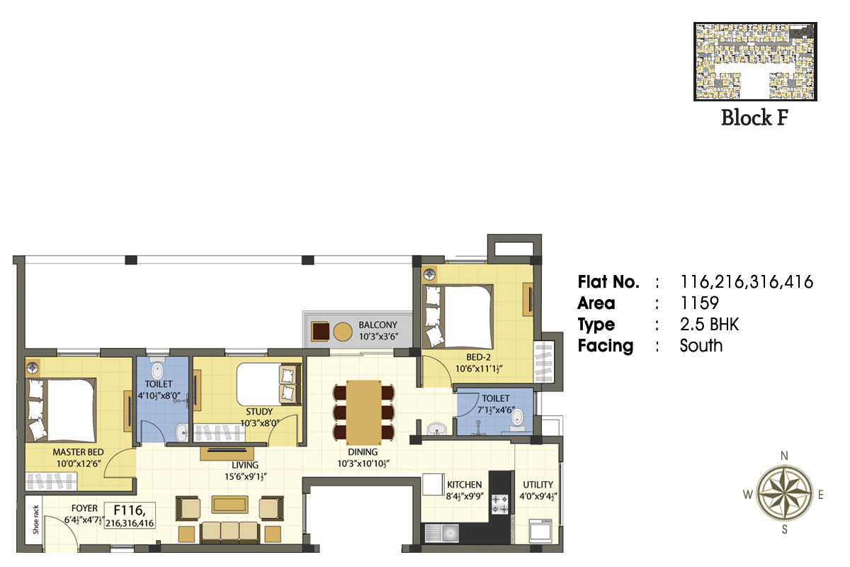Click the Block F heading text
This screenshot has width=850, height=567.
pos(755,118)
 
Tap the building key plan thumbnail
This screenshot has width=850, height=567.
pos(755,62)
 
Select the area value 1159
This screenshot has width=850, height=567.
pos(699,303)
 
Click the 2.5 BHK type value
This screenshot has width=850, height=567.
pos(709,325)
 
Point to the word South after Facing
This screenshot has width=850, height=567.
pos(701,346)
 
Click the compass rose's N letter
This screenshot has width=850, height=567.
pos(784,456)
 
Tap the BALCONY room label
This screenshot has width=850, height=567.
pos(378,325)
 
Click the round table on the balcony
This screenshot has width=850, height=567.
pos(343,332)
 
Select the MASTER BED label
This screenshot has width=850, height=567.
pos(78,452)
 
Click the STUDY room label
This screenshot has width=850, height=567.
pos(259,412)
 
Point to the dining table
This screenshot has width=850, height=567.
pos(363,412)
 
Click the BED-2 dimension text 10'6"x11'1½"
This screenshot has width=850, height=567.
pos(479,369)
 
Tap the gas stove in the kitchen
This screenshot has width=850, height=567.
pos(500,505)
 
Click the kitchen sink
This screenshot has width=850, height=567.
pos(442,534)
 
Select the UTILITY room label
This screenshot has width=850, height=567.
pos(538,485)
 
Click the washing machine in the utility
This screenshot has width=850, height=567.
pos(540,530)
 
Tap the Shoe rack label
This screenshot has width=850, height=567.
pos(36,520)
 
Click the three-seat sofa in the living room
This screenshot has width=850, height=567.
pos(230,532)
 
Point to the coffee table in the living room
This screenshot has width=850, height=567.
pos(230,505)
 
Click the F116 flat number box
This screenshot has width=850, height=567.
pos(130,515)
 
